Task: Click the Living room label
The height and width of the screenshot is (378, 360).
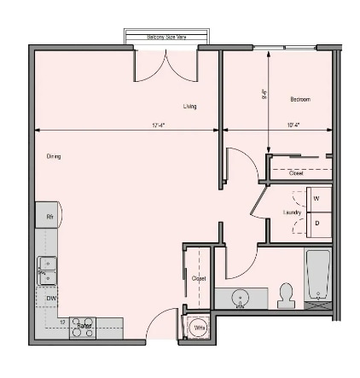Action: point(189,107)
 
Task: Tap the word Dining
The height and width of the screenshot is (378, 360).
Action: point(54,156)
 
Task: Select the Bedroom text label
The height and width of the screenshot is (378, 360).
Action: point(299,100)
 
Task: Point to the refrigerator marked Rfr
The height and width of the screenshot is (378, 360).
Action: point(49,218)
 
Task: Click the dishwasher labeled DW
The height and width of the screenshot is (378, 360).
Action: point(50,298)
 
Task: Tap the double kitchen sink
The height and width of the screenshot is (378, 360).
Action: point(47,270)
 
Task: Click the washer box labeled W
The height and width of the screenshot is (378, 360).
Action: point(317,199)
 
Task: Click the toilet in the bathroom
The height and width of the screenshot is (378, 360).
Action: point(286,294)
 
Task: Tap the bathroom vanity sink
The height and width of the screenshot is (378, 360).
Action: point(241,299)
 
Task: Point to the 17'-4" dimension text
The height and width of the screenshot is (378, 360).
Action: point(159,125)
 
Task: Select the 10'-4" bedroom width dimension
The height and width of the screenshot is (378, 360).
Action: point(293,125)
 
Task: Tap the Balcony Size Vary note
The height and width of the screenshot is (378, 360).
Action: point(166,37)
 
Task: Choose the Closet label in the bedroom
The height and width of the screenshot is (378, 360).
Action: point(296,173)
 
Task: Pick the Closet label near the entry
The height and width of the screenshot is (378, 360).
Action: point(199,278)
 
